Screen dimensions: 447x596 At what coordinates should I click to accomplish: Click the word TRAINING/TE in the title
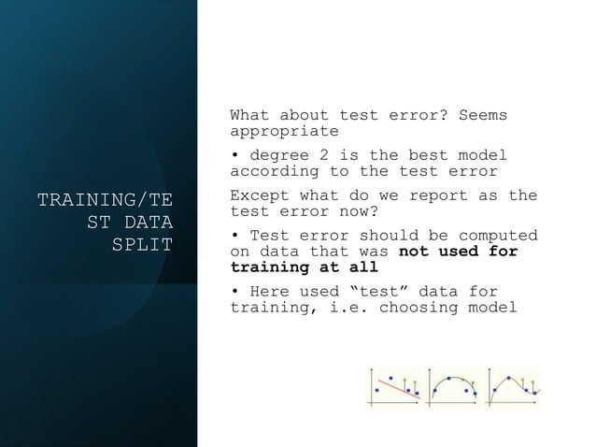pyautogui.click(x=105, y=199)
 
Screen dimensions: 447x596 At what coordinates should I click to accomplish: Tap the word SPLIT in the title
pyautogui.click(x=142, y=244)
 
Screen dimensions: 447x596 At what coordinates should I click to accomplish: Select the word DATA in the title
pyautogui.click(x=147, y=222)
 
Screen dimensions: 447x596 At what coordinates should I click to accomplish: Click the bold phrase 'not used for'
pyautogui.click(x=458, y=252)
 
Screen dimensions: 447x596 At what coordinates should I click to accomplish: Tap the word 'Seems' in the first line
pyautogui.click(x=483, y=116)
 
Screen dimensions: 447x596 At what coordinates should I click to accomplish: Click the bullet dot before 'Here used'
pyautogui.click(x=234, y=292)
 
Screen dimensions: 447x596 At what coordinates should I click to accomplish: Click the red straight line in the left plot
pyautogui.click(x=396, y=386)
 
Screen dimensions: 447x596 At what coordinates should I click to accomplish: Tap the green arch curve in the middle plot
pyautogui.click(x=452, y=379)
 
